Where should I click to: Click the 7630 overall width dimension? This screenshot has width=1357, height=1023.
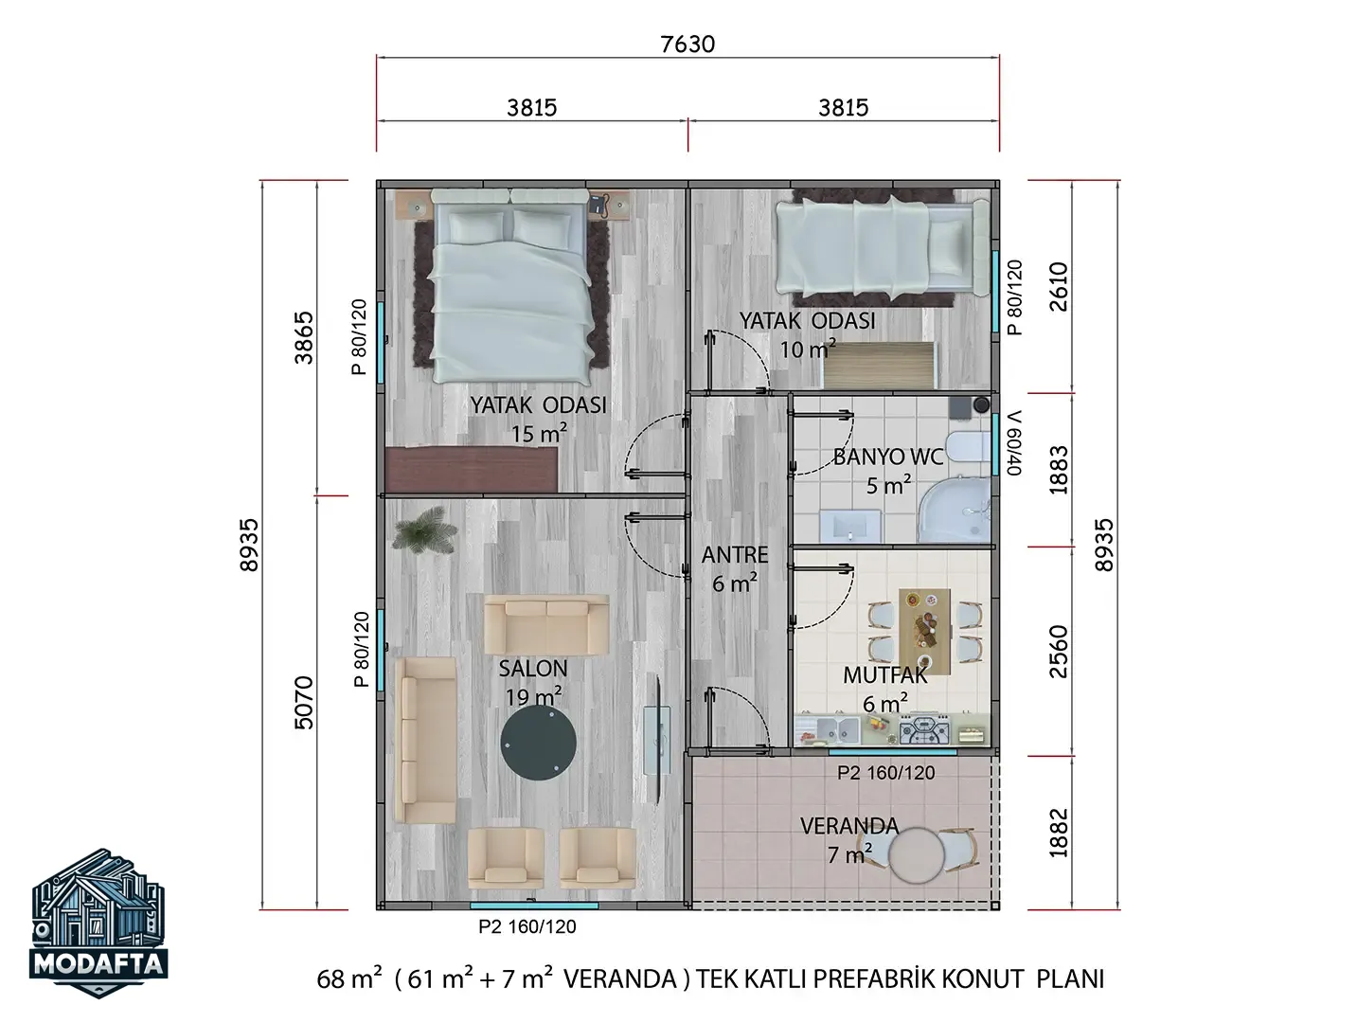click(x=687, y=45)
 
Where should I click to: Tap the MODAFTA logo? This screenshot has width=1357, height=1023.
click(x=98, y=923)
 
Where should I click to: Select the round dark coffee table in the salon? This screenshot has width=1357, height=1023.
click(x=538, y=742)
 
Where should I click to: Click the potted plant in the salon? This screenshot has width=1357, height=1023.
click(x=425, y=530)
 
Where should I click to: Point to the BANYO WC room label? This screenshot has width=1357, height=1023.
click(x=887, y=457)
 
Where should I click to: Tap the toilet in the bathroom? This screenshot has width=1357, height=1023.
click(x=968, y=446)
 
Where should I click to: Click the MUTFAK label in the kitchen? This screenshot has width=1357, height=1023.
click(x=884, y=675)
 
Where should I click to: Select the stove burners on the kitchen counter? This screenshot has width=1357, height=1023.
click(x=924, y=730)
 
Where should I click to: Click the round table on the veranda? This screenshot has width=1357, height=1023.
click(x=917, y=856)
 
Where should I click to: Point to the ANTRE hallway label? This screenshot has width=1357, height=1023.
click(x=735, y=554)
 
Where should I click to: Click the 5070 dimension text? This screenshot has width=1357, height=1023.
click(x=304, y=703)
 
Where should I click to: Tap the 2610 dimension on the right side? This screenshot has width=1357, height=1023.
click(x=1059, y=287)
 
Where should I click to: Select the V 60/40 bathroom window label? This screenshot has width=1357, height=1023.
click(x=1014, y=442)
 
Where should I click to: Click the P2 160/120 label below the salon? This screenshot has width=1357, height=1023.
click(x=527, y=926)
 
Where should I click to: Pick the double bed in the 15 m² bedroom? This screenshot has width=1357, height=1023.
click(x=510, y=285)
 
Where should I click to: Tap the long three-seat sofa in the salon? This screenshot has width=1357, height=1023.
click(x=425, y=739)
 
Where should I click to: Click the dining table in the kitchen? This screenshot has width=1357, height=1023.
click(x=924, y=631)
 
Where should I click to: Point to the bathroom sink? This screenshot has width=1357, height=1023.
click(x=850, y=526)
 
